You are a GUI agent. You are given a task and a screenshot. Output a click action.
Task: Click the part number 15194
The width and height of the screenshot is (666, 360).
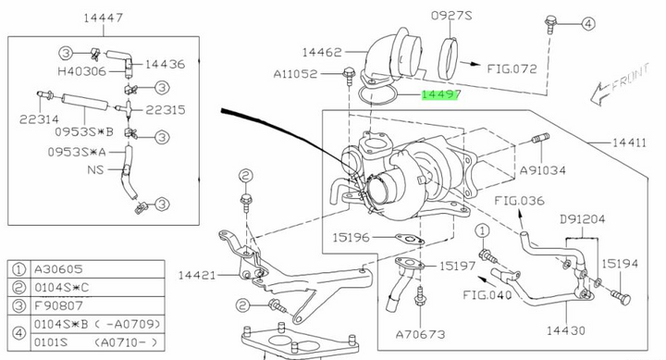[x=621, y=264]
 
